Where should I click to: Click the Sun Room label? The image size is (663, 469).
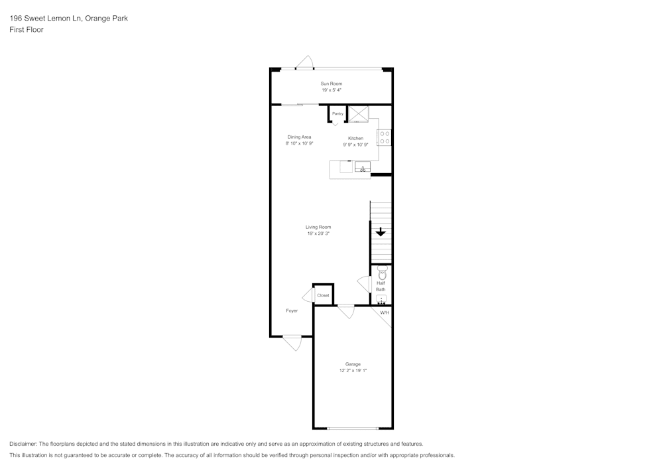click(331, 84)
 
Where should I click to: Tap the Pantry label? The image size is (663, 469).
click(337, 113)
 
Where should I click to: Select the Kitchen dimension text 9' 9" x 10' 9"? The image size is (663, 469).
click(355, 144)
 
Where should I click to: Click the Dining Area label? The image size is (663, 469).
click(299, 137)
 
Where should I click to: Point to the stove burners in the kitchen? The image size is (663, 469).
click(385, 137)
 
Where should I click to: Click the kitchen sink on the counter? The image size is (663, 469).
click(363, 167)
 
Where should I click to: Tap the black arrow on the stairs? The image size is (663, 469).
click(381, 232)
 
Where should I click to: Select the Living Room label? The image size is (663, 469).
click(318, 227)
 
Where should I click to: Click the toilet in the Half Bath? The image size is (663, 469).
click(381, 272)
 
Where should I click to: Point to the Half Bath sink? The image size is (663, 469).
click(381, 300)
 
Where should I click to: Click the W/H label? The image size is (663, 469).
click(385, 312)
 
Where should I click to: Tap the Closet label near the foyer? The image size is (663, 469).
click(323, 295)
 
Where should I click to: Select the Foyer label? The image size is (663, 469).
click(292, 310)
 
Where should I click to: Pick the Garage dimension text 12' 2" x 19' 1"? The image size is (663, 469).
click(353, 371)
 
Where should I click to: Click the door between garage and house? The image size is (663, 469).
click(345, 310)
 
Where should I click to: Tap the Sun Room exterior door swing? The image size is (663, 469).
click(304, 63)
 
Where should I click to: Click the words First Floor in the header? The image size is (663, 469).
click(27, 30)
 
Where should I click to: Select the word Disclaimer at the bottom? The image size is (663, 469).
click(23, 444)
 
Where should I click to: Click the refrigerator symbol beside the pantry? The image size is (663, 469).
click(359, 113)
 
